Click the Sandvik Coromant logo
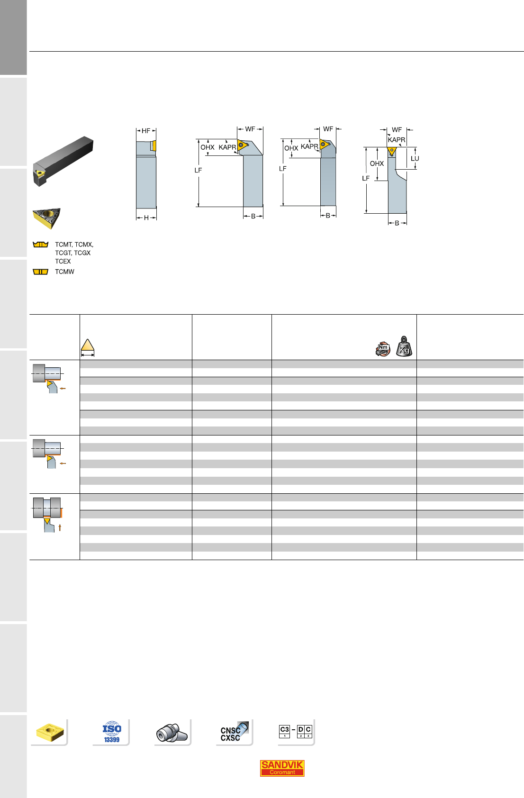pos(282,768)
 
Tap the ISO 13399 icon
pos(112,732)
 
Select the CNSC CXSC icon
pos(234,731)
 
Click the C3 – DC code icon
pos(295,731)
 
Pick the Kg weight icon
pos(404,346)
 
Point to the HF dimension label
pos(146,131)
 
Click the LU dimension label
pos(415,159)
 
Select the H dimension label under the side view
pos(146,218)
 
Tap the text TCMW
pos(64,272)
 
